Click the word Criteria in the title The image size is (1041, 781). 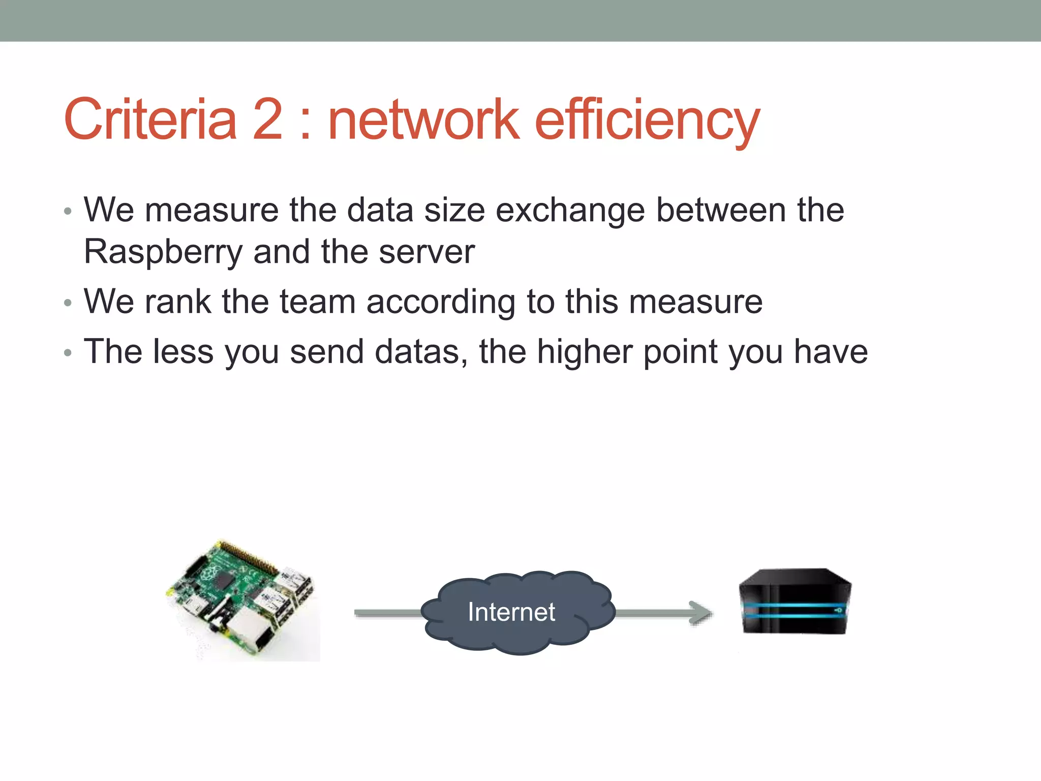[x=150, y=120]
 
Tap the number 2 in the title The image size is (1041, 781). [x=267, y=120]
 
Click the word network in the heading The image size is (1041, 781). [x=424, y=120]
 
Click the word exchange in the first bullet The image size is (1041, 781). [x=570, y=211]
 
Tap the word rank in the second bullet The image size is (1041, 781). [x=177, y=302]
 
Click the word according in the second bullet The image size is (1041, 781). [x=440, y=303]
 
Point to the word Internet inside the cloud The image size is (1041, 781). [x=511, y=612]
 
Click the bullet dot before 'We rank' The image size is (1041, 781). [x=68, y=304]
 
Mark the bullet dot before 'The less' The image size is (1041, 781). [x=68, y=353]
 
